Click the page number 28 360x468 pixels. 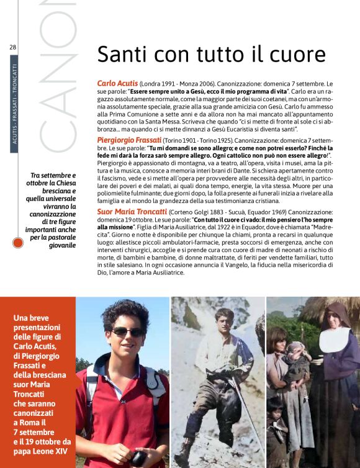click(x=12, y=47)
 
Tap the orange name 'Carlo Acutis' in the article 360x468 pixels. click(x=117, y=83)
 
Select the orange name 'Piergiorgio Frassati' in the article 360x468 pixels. click(x=129, y=141)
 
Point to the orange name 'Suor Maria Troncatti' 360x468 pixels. click(x=132, y=212)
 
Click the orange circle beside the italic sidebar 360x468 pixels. click(x=18, y=243)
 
